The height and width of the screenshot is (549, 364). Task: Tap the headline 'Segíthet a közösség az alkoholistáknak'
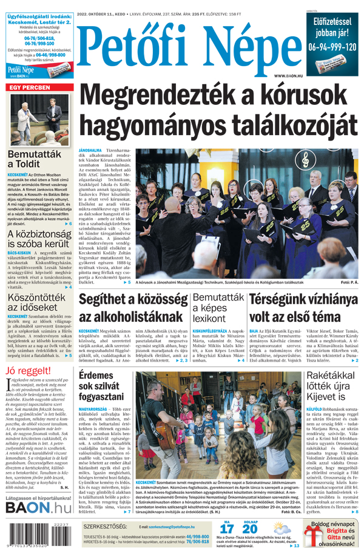pyautogui.click(x=133, y=308)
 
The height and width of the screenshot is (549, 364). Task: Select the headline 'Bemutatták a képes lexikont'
pyautogui.click(x=218, y=307)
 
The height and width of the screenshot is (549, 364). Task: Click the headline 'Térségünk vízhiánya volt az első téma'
pyautogui.click(x=303, y=308)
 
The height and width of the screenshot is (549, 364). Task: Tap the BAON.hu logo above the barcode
pyautogui.click(x=38, y=509)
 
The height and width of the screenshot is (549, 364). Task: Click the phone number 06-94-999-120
pyautogui.click(x=331, y=47)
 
